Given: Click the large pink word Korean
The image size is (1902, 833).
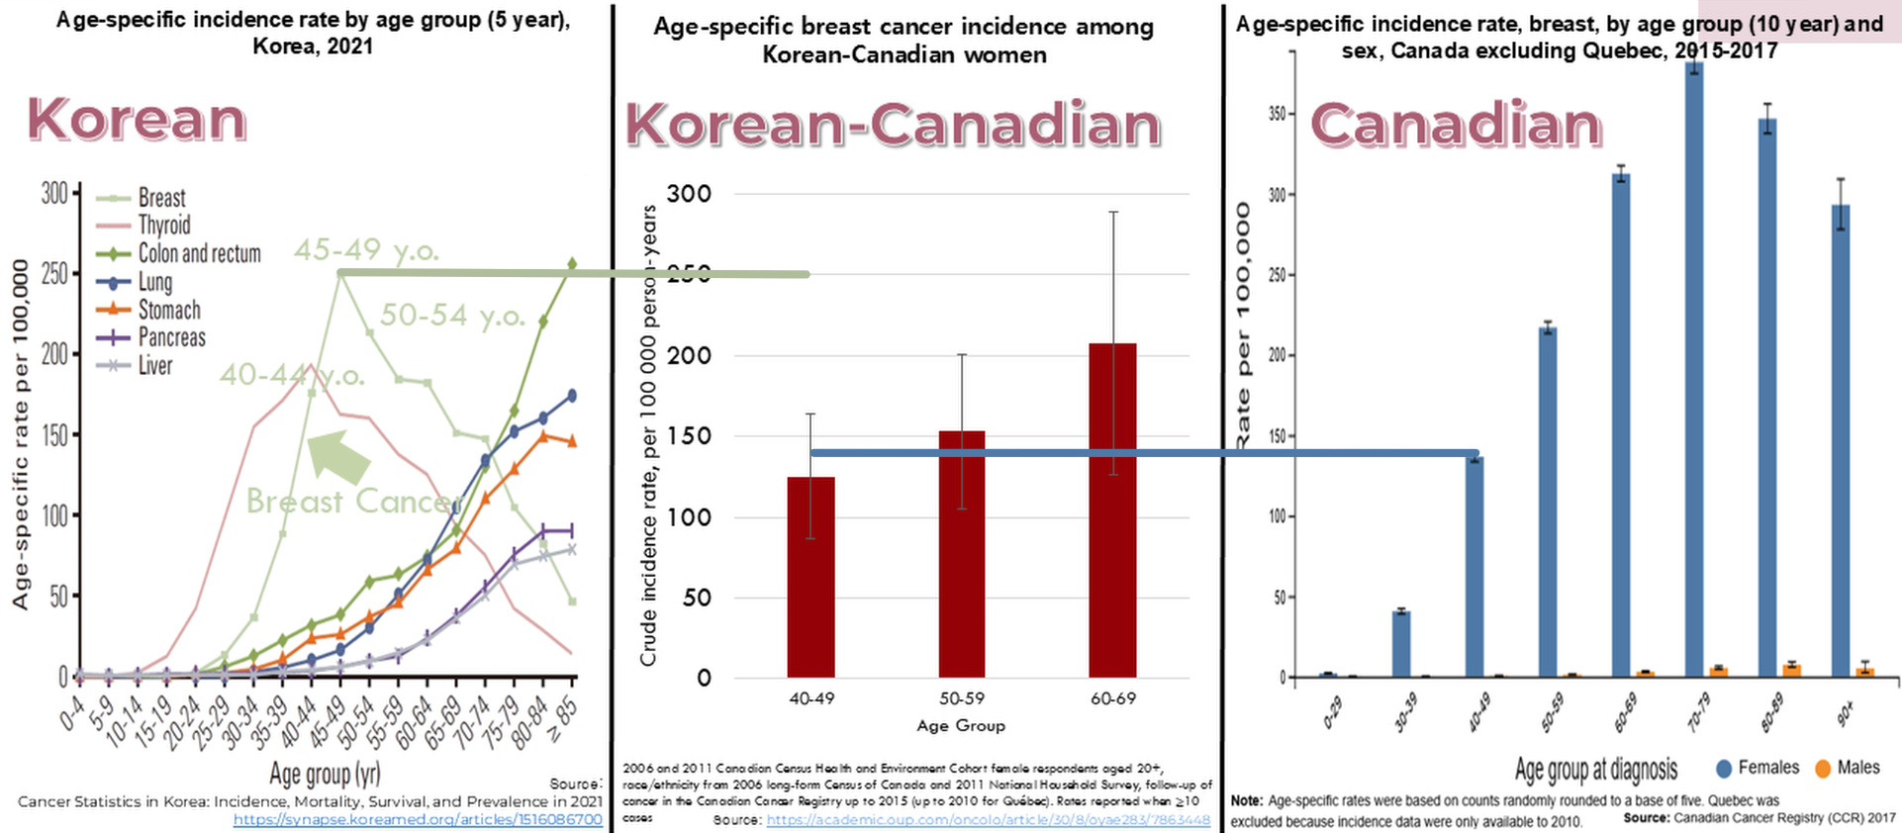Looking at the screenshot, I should (137, 120).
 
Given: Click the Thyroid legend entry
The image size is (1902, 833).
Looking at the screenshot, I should (163, 226).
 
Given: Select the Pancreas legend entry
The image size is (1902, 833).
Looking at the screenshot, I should (171, 337).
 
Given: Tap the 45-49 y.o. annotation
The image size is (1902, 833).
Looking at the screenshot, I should (366, 250).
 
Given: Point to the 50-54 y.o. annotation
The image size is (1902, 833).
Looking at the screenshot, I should (452, 316).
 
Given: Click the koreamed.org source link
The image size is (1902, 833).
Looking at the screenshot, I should (418, 819).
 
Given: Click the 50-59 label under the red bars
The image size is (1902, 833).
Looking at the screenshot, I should (961, 698).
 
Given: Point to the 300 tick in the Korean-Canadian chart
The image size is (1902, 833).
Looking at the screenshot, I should (689, 194).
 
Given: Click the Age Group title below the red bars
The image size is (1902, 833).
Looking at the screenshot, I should (960, 725).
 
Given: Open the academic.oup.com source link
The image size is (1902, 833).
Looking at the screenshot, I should (988, 820).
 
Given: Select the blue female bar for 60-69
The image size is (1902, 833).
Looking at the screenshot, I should (1621, 425).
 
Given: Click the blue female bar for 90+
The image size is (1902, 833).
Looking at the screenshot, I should (1841, 440).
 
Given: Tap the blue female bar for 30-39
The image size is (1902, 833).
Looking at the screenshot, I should (1401, 644).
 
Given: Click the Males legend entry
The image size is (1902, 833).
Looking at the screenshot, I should (1848, 768).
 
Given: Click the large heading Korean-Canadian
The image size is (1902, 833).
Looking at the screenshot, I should (893, 126).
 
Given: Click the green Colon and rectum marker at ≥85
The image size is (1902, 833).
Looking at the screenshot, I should (572, 264).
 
